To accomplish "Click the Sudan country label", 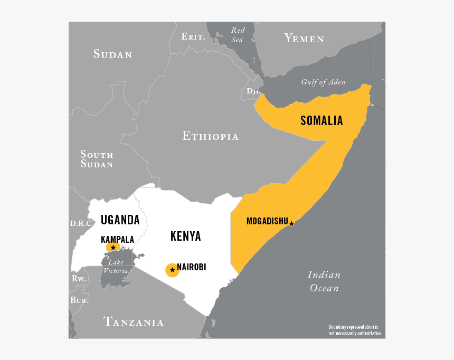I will click(x=112, y=54).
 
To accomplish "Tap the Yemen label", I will click(x=304, y=38).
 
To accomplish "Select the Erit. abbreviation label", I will click(x=193, y=36).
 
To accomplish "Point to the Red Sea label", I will click(x=238, y=35).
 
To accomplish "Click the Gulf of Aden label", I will click(x=323, y=82).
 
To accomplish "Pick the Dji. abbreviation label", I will click(x=253, y=91).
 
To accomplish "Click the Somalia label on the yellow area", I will click(x=321, y=121).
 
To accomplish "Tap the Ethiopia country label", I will click(x=211, y=136).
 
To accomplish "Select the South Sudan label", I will click(x=97, y=159).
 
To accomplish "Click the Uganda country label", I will click(x=120, y=220).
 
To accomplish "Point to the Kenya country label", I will click(x=185, y=236).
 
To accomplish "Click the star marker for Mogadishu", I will click(x=291, y=224).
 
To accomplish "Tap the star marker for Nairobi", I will click(x=172, y=270).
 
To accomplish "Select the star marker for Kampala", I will click(x=113, y=248).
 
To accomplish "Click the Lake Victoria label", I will click(x=115, y=267).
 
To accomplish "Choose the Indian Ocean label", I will click(x=324, y=281).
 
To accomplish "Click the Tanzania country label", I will click(x=134, y=321).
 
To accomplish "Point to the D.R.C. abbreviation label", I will click(x=81, y=223).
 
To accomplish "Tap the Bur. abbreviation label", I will click(x=79, y=300).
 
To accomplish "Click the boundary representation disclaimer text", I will click(x=355, y=330).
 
